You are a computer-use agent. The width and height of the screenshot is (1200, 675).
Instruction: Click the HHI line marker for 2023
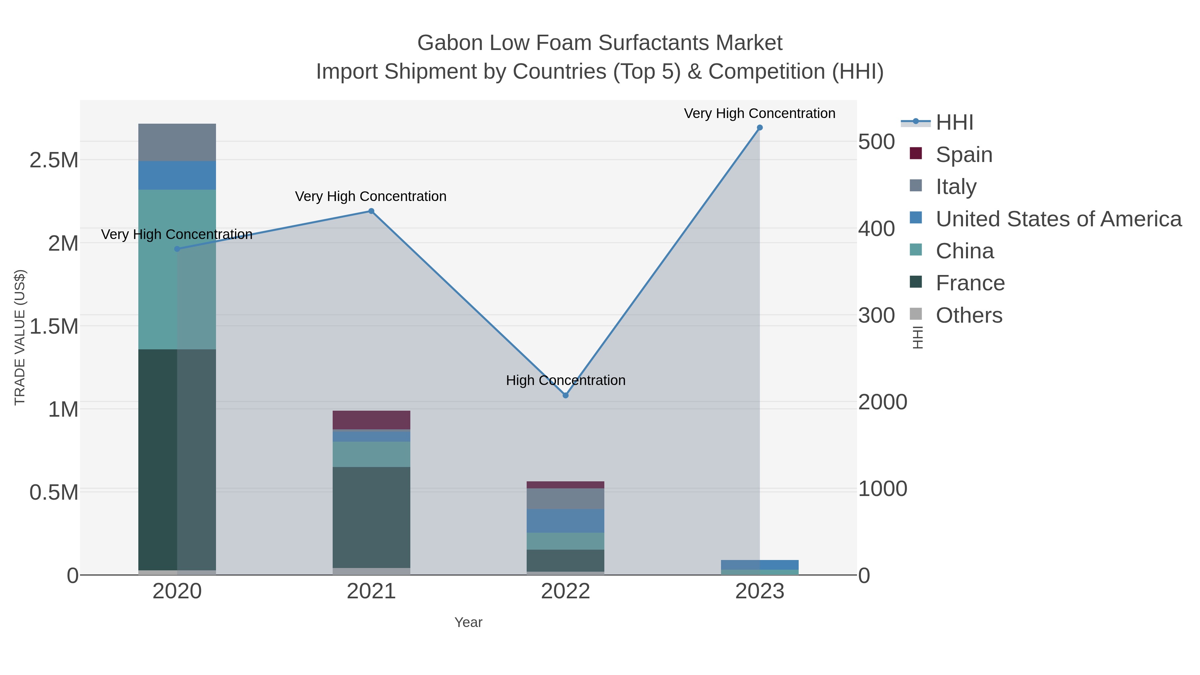(759, 128)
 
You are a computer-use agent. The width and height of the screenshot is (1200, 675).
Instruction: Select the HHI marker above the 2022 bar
(566, 395)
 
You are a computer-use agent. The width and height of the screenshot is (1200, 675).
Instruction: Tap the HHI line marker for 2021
(371, 211)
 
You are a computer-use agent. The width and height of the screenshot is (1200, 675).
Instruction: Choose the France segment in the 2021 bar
(371, 517)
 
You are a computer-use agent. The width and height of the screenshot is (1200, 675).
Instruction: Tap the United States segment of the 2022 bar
(566, 521)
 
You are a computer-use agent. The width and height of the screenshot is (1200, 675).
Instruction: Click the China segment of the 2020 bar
(177, 269)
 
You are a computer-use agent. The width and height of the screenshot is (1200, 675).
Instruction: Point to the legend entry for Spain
(963, 155)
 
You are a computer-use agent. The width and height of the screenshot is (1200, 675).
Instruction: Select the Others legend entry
(968, 315)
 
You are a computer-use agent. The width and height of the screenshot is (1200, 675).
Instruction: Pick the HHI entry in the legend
(954, 123)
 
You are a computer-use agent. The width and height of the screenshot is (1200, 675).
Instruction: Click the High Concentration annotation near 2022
(566, 381)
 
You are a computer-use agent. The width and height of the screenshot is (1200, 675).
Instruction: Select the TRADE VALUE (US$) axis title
(20, 337)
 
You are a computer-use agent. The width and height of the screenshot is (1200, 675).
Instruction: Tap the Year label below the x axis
(468, 622)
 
